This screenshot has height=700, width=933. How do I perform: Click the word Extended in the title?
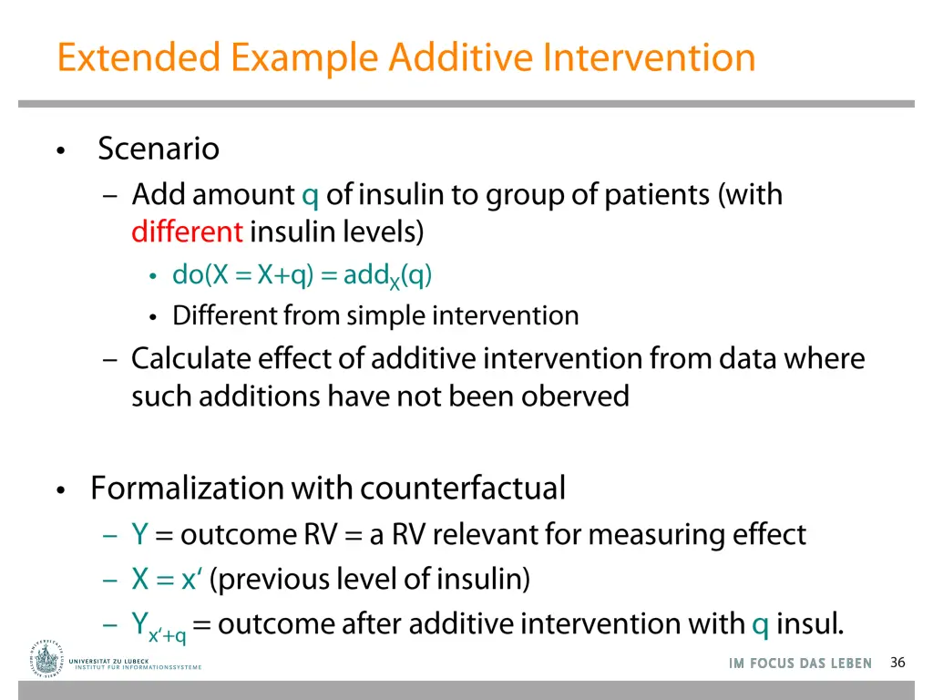click(138, 57)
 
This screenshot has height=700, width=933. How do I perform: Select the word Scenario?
click(159, 149)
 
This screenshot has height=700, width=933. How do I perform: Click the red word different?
click(187, 232)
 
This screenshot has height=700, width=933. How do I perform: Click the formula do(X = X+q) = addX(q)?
click(302, 275)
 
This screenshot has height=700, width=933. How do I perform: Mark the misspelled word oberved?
click(575, 396)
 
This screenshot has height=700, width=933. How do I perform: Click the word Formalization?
click(187, 489)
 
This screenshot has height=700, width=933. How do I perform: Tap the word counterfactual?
click(462, 489)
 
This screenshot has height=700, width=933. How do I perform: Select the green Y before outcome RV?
click(139, 534)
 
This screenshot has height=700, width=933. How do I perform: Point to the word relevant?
click(486, 534)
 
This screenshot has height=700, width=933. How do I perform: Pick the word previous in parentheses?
click(257, 579)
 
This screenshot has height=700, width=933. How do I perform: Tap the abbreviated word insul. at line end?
click(809, 624)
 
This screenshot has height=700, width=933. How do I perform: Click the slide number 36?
click(897, 663)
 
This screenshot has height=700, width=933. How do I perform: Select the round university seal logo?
click(46, 658)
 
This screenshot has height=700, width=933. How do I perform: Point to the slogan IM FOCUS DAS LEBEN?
click(800, 664)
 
